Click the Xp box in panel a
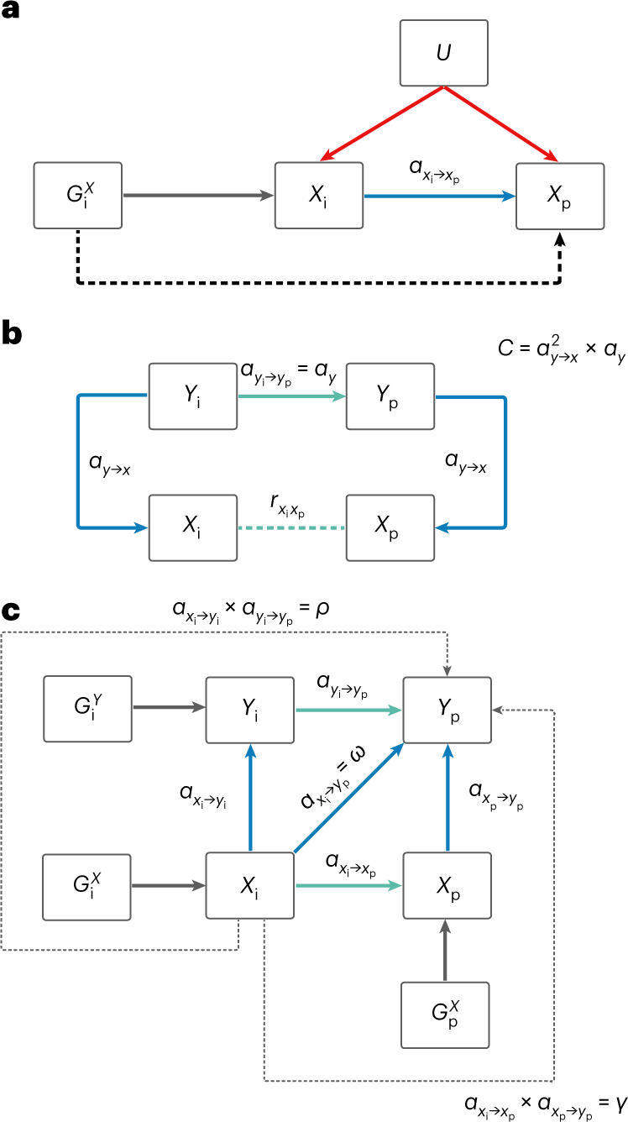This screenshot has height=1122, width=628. point(560,196)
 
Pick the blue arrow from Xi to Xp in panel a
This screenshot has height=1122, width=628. point(440,196)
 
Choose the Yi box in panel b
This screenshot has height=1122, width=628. point(192,395)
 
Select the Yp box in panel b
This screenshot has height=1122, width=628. point(390,395)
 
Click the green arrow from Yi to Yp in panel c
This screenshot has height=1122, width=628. point(348,710)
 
